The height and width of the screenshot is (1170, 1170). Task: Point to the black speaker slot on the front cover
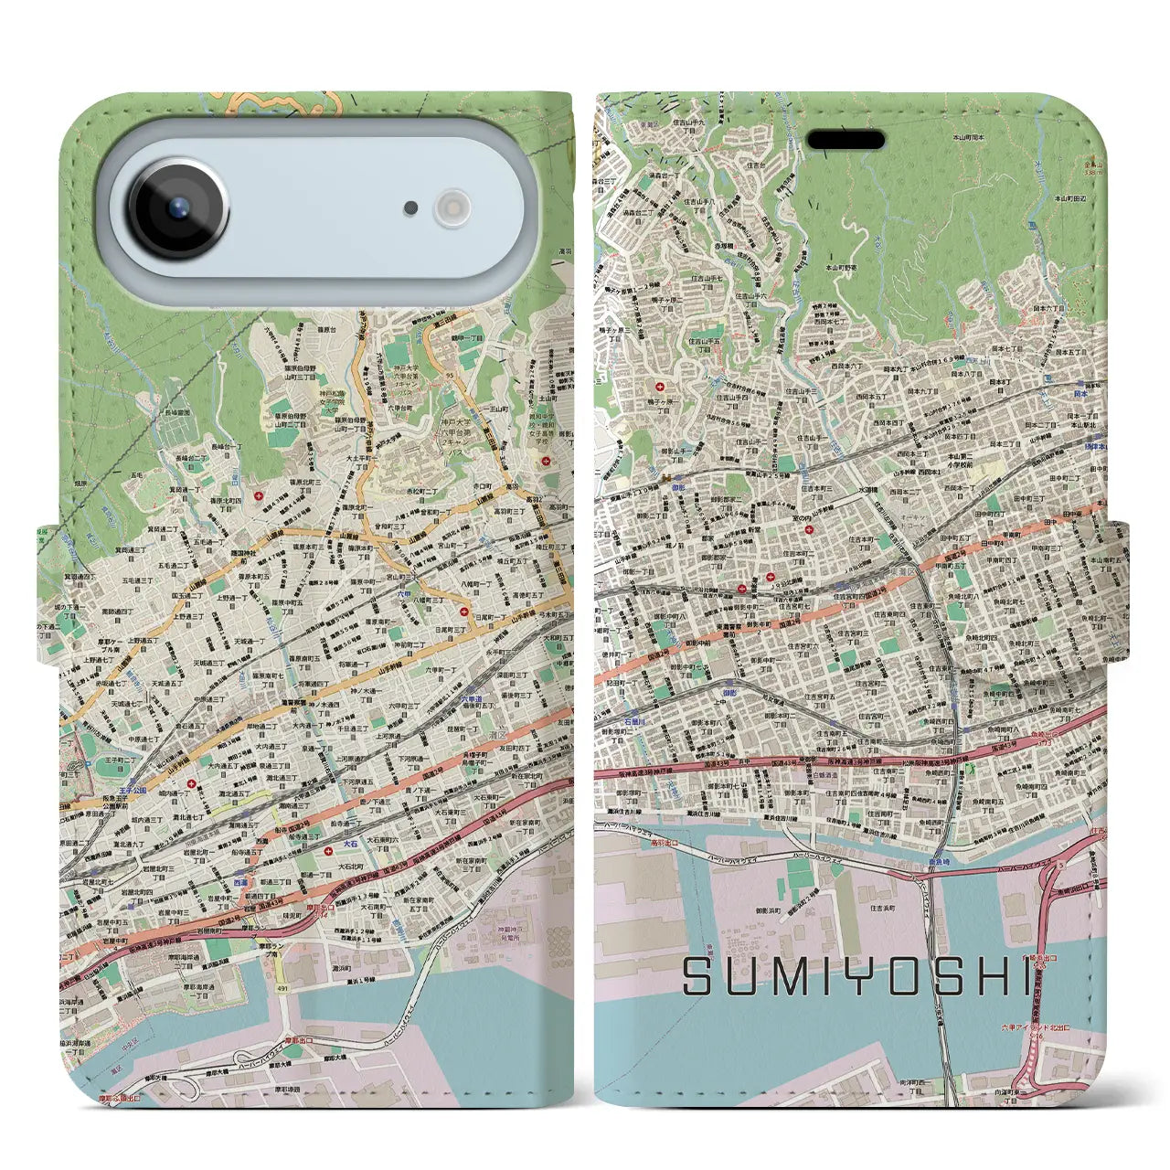tap(846, 140)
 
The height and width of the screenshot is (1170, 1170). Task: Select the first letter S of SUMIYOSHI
tap(699, 977)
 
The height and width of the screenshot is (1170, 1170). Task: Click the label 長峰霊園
tap(177, 413)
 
